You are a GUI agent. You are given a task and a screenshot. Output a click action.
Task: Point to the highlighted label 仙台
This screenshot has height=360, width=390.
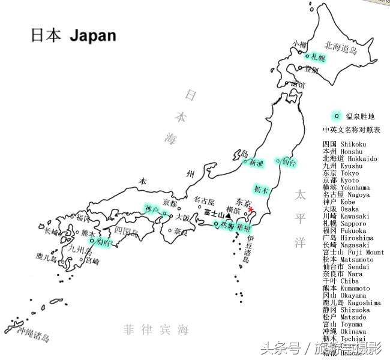(287, 161)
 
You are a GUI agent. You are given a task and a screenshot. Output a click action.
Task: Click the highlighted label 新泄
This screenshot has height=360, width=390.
(255, 162)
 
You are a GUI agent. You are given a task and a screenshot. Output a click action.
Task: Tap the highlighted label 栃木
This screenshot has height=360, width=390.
(261, 189)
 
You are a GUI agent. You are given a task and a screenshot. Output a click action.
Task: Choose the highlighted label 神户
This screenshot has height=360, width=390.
(152, 209)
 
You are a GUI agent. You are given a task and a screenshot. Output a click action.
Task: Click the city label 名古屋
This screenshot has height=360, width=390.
(205, 200)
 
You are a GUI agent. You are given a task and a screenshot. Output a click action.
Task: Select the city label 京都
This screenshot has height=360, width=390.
(170, 202)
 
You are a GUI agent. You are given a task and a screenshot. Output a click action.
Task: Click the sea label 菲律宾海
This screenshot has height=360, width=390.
(155, 329)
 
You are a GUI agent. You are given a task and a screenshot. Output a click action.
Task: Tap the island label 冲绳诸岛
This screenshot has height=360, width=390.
(33, 334)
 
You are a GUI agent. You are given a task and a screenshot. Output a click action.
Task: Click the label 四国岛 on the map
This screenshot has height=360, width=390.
(126, 230)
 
